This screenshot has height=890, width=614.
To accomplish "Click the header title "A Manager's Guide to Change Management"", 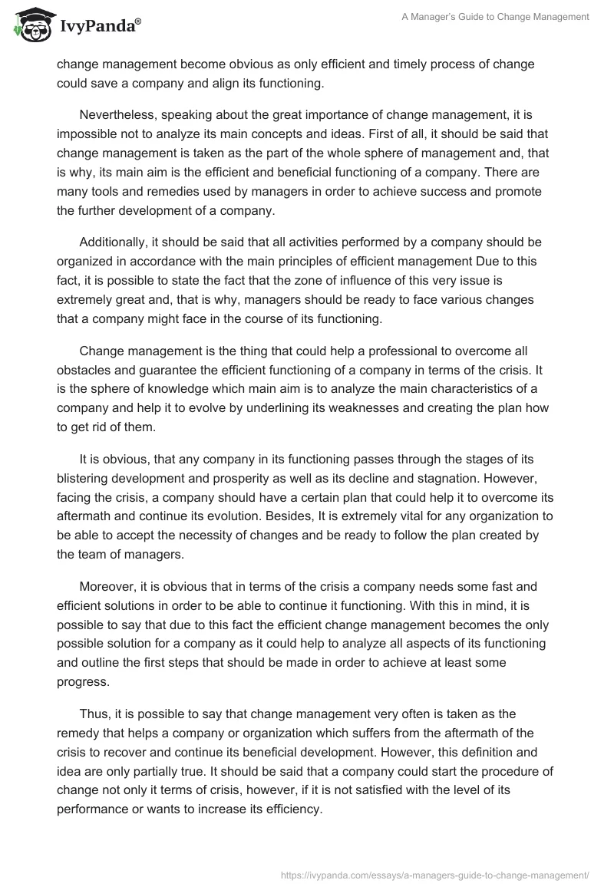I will tap(496, 17).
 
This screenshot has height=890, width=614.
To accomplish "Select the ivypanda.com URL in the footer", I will tap(434, 874).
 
